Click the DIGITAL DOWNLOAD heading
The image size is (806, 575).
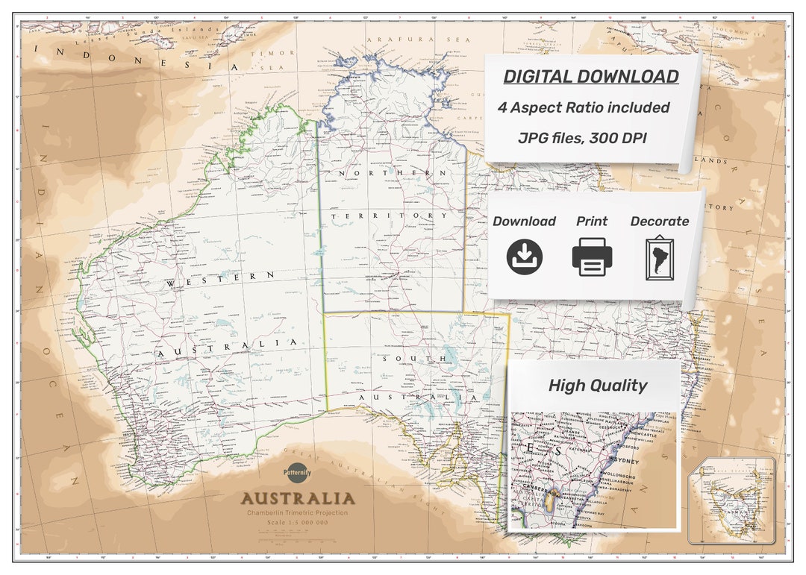click(x=590, y=77)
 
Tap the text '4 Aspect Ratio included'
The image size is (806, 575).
click(x=584, y=107)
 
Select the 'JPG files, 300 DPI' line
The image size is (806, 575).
click(x=584, y=138)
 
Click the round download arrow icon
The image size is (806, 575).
click(x=525, y=257)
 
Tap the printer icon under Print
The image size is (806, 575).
click(x=592, y=258)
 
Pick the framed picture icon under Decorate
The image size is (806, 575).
click(x=659, y=259)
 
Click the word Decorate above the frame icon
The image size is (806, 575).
click(x=660, y=221)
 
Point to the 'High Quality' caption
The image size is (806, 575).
click(x=597, y=386)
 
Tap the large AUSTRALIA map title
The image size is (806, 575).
click(x=298, y=498)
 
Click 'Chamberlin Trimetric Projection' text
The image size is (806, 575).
click(x=298, y=514)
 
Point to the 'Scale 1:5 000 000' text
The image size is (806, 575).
click(x=298, y=523)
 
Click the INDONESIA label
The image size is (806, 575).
click(x=134, y=59)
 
